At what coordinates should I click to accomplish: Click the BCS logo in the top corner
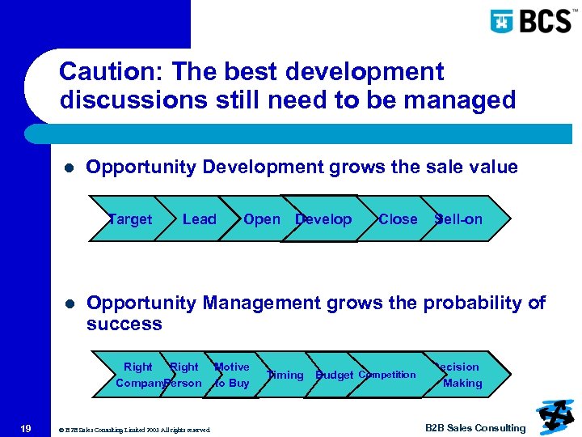click(531, 20)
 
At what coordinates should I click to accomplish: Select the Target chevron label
click(129, 219)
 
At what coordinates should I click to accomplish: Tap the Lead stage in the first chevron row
click(200, 219)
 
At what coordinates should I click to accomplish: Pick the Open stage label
click(261, 219)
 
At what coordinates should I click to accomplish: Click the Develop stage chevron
click(323, 219)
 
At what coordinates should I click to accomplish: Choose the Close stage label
click(398, 219)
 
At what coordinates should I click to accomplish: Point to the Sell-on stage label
click(458, 219)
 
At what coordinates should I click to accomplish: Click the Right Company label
click(137, 375)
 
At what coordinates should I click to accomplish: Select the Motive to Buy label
click(231, 375)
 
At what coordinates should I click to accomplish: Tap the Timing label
click(285, 375)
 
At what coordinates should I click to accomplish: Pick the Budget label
click(335, 375)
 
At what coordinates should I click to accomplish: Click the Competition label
click(387, 374)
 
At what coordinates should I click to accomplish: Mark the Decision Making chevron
click(459, 375)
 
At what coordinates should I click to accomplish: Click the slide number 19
click(26, 428)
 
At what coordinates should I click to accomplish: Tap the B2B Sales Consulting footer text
click(475, 428)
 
